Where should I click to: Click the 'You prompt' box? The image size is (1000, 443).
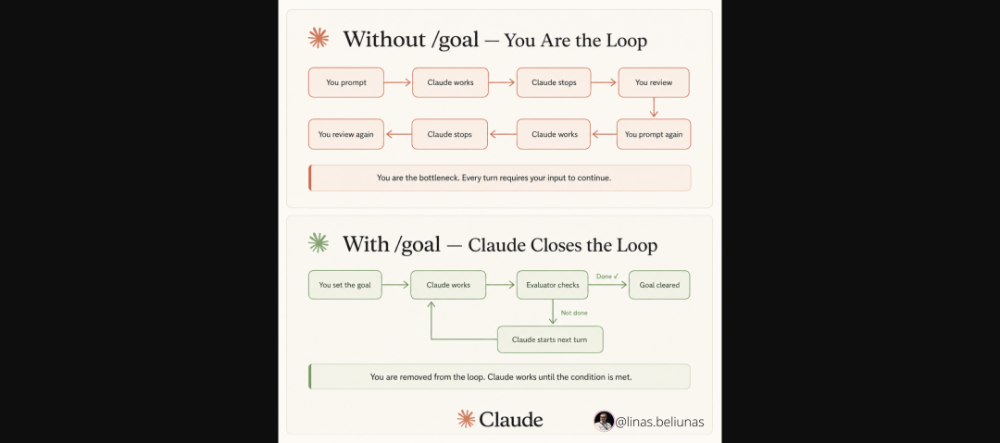[345, 82]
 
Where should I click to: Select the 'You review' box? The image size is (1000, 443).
[654, 82]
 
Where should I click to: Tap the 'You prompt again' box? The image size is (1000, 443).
[654, 134]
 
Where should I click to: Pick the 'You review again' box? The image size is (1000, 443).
[345, 134]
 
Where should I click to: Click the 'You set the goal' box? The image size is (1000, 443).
[345, 285]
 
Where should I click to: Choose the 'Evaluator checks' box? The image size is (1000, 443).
[552, 285]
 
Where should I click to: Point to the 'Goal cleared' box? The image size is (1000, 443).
[659, 285]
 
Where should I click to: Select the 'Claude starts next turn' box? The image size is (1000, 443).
[550, 339]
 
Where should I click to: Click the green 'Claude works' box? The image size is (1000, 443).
[448, 285]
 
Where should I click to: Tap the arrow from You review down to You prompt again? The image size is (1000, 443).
[654, 107]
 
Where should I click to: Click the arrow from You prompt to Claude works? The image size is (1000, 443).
[398, 82]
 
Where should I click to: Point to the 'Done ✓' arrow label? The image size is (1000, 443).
[607, 277]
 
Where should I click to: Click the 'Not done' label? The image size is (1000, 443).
[574, 313]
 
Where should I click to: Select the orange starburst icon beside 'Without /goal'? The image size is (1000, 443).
[319, 38]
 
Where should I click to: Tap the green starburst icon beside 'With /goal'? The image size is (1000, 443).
[319, 243]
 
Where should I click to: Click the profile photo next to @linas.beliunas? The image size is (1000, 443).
[604, 421]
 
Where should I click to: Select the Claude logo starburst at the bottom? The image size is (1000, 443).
[466, 419]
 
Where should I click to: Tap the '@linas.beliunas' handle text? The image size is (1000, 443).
[659, 422]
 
